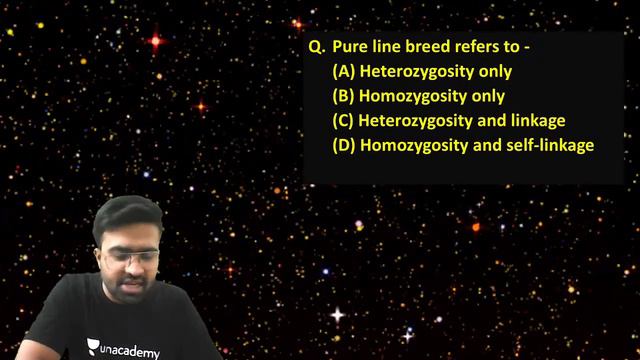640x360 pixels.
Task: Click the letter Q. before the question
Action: point(317,47)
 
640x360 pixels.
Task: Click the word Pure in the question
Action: point(352,47)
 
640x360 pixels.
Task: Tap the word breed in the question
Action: point(432,47)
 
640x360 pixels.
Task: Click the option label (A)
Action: point(344,72)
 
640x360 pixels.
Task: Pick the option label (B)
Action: point(344,97)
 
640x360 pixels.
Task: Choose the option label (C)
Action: point(344,121)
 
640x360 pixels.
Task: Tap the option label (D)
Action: point(344,146)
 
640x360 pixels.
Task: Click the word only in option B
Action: point(489,97)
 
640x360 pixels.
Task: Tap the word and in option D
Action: point(490,146)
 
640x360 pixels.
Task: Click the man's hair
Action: point(133,215)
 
